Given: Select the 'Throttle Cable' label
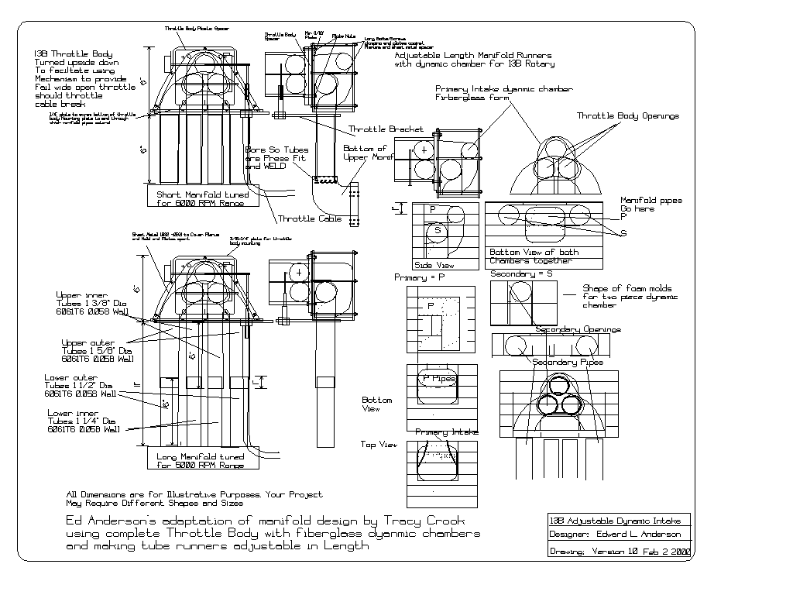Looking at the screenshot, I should coord(310,218).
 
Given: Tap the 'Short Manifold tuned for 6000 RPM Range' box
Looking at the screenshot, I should coord(201,198).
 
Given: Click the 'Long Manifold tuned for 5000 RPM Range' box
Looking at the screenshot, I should coord(201,460).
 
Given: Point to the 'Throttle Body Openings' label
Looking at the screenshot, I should coord(627,115).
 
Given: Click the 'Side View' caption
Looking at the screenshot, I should coord(434,264).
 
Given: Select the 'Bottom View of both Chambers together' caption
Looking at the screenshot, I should coord(534,256).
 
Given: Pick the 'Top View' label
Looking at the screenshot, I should coord(379,445).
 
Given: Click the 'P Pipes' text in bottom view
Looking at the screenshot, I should coord(439,379).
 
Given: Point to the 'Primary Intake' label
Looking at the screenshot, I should coord(447,432).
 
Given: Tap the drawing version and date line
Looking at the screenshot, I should coord(620,552).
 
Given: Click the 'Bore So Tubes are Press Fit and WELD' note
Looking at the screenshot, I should coord(276,158).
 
